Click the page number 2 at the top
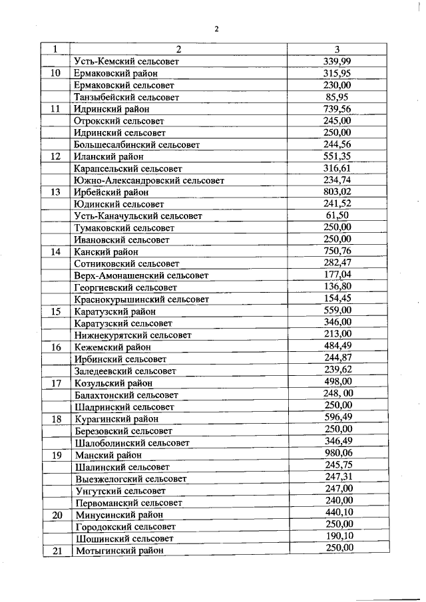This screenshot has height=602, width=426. pyautogui.click(x=217, y=28)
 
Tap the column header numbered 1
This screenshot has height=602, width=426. pyautogui.click(x=57, y=49)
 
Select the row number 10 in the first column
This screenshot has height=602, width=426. pyautogui.click(x=57, y=73)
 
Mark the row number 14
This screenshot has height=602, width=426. pyautogui.click(x=57, y=252)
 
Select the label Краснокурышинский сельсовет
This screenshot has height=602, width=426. pyautogui.click(x=142, y=300)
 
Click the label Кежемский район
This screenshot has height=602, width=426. pyautogui.click(x=112, y=347)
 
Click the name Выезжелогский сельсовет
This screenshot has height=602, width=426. pyautogui.click(x=131, y=479)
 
